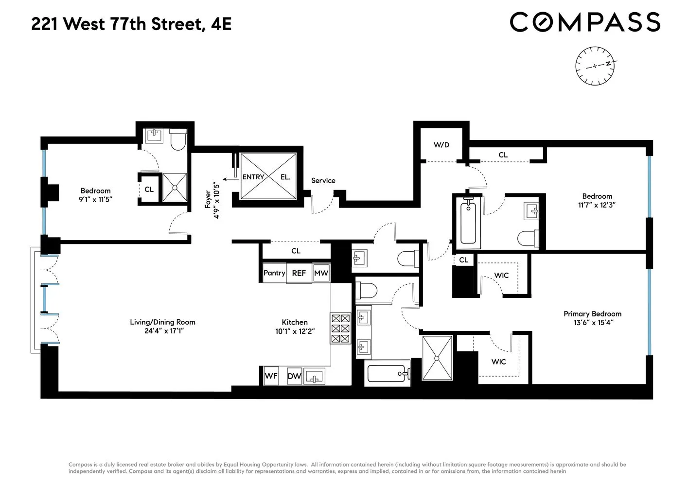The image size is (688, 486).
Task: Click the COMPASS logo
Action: tap(585, 22)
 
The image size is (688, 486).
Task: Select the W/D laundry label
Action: tap(441, 145)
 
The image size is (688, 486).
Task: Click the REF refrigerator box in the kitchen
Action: tap(299, 273)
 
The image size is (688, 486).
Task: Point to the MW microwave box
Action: tap(321, 273)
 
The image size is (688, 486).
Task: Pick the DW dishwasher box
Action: tap(294, 376)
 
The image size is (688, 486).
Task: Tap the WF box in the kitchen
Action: tap(271, 376)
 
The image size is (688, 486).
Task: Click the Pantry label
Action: tap(274, 273)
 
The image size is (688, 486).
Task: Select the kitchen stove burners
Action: tap(340, 329)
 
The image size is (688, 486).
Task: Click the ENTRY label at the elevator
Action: tap(253, 177)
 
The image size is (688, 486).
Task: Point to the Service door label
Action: tap(323, 181)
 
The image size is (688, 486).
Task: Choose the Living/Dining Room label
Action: tap(162, 322)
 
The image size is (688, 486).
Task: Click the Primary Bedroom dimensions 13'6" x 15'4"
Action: tap(592, 323)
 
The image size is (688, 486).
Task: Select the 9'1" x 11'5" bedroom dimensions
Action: tap(95, 199)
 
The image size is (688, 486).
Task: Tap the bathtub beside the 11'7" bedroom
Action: tap(468, 222)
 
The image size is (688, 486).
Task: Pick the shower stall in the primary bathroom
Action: tap(437, 358)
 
